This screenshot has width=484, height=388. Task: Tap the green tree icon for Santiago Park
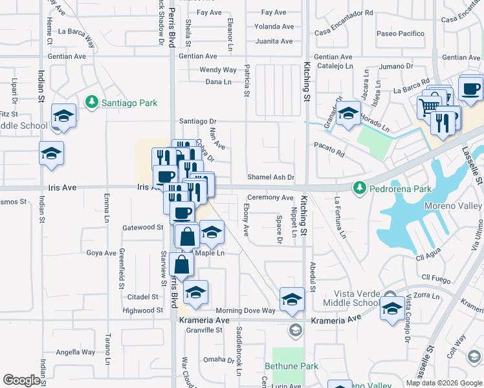(x=92, y=102)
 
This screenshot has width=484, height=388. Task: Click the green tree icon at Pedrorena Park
(x=359, y=188)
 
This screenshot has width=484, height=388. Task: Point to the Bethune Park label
(x=291, y=366)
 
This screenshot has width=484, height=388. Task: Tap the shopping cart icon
(x=428, y=106)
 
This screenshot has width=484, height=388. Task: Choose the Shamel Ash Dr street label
(x=271, y=177)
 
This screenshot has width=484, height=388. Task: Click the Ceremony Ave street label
(x=270, y=197)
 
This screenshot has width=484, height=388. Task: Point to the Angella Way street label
(x=76, y=352)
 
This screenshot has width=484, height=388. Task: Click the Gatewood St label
(x=142, y=228)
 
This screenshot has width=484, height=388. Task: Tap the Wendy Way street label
(x=218, y=70)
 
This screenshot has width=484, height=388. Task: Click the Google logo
(x=23, y=380)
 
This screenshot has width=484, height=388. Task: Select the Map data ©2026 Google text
(x=444, y=383)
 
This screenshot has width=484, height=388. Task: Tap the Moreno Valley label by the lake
(x=453, y=206)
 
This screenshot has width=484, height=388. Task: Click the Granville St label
(x=204, y=330)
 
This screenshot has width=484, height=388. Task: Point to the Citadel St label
(x=142, y=297)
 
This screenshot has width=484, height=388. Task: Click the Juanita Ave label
(x=274, y=41)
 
